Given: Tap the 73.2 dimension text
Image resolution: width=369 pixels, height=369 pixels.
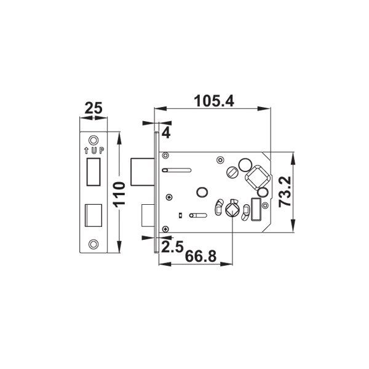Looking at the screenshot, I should [x=285, y=192].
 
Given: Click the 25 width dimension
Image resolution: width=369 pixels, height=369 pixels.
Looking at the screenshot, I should [x=93, y=109].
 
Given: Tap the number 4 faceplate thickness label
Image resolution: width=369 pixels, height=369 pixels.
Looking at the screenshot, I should [x=166, y=131].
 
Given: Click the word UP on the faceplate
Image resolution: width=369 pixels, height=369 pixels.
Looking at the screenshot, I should [x=97, y=149].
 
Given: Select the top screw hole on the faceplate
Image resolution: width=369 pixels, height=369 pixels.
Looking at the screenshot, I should [x=93, y=138].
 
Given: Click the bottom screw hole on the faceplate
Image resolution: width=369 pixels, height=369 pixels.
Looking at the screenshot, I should [x=93, y=243].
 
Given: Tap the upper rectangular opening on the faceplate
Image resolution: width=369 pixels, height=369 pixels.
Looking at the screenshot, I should [x=93, y=170].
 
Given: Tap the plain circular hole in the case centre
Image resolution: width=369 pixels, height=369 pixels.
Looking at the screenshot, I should [x=200, y=192].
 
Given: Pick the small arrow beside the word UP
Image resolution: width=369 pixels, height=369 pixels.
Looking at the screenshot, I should [x=85, y=149].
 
